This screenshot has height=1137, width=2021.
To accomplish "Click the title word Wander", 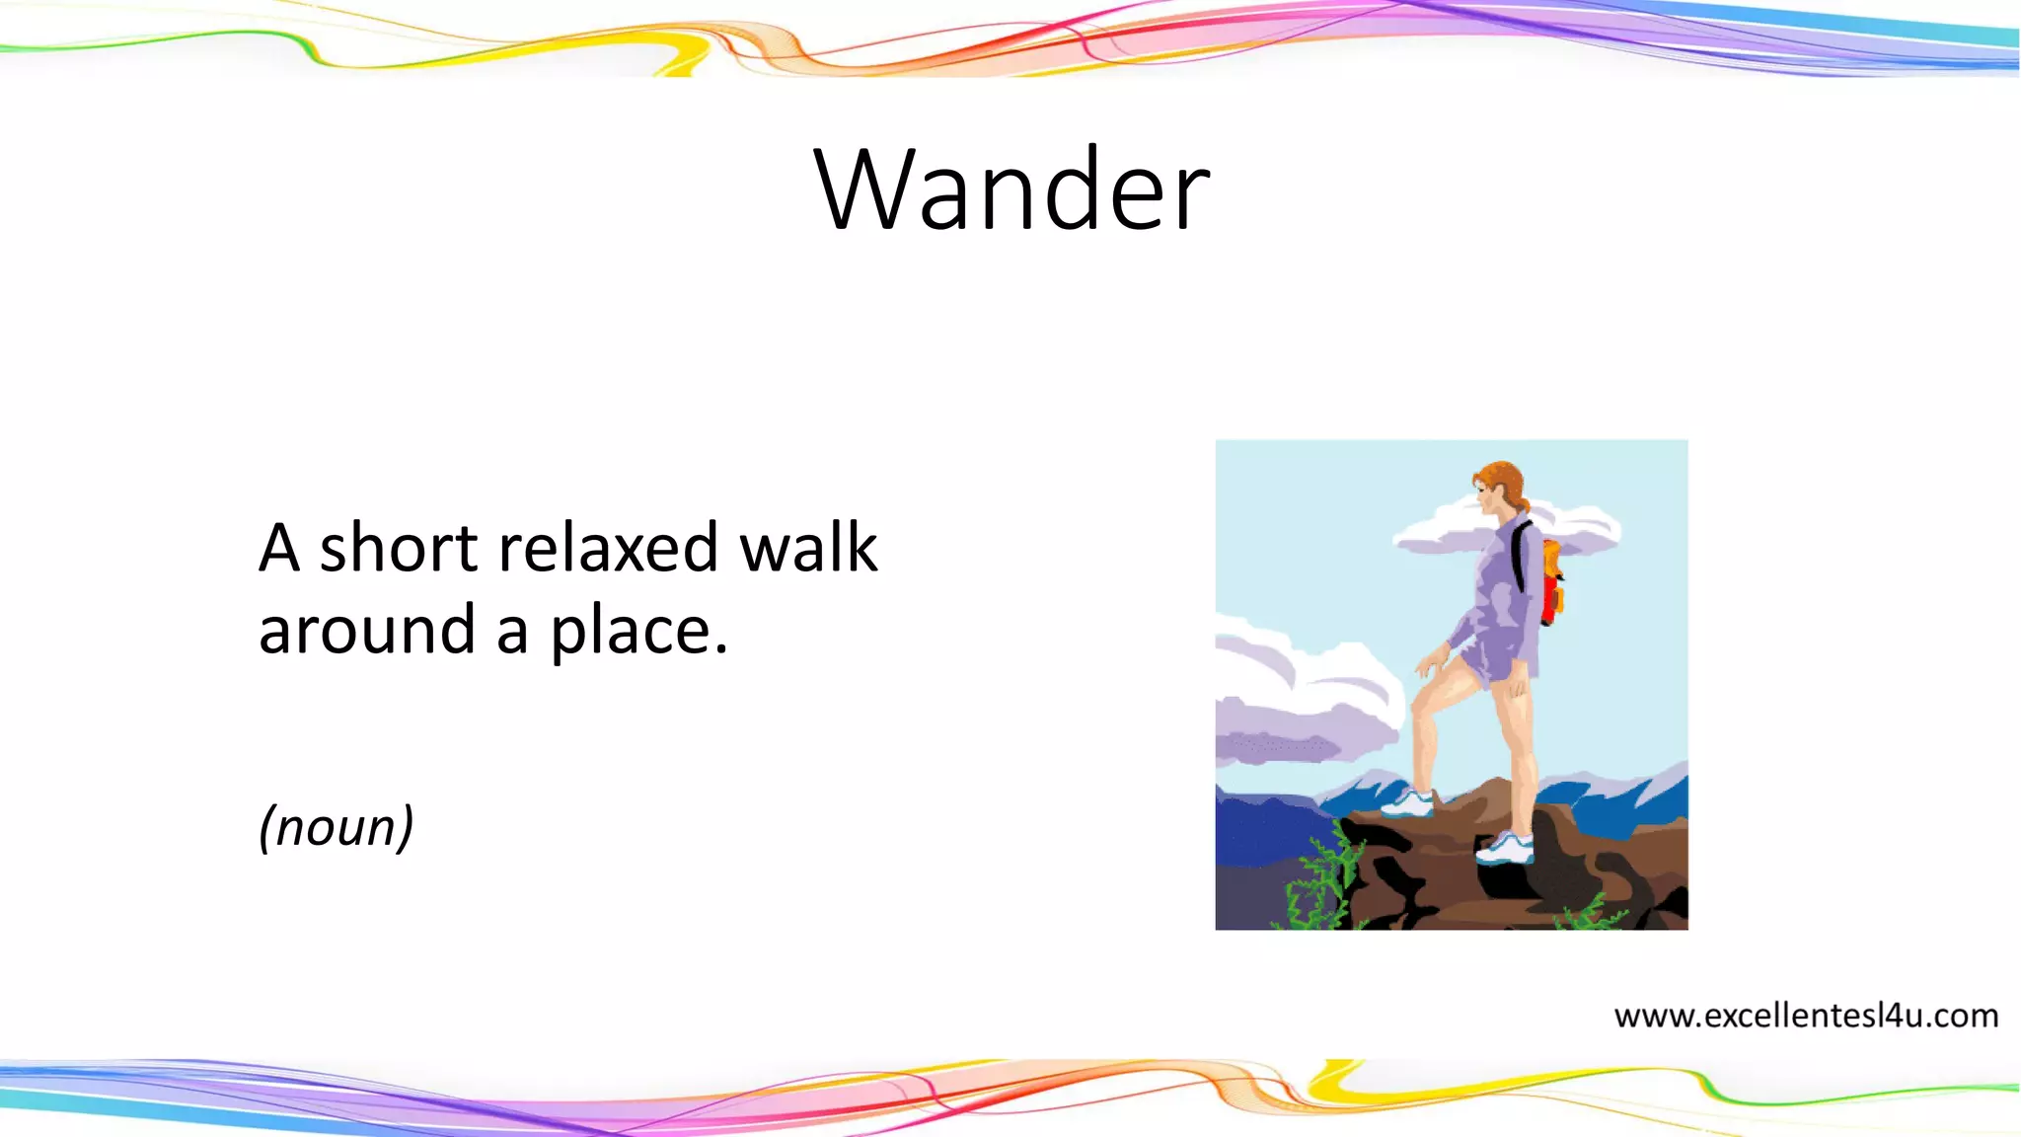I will click(x=1012, y=189).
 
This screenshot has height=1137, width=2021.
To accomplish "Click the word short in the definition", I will click(x=400, y=548).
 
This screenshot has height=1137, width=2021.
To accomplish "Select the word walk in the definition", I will click(x=808, y=548).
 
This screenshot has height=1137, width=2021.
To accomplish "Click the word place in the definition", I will click(x=626, y=633).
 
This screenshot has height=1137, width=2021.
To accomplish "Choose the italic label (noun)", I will click(x=336, y=827).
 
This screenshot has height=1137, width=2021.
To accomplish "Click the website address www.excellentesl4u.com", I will click(x=1805, y=1016).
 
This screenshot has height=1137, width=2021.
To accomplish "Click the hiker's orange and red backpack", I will click(x=1552, y=582).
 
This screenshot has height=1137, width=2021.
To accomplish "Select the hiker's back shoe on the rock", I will click(x=1506, y=848).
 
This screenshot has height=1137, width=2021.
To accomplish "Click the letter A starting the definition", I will click(x=279, y=548).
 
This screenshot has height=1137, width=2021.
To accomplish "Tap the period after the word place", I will click(x=720, y=651).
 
